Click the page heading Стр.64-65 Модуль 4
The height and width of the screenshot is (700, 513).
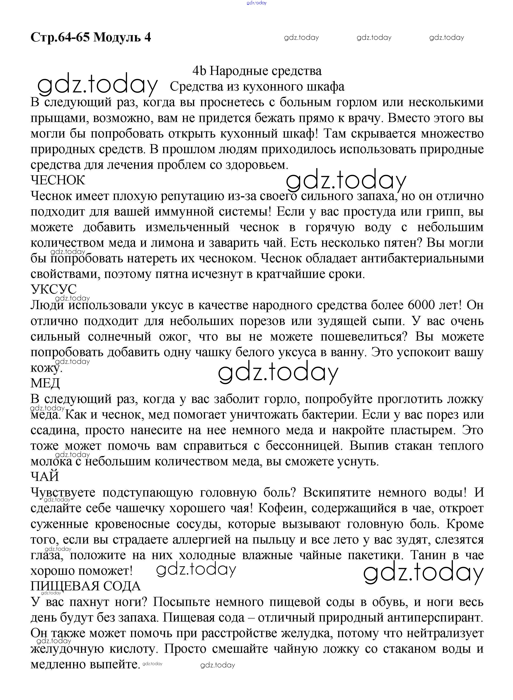[91, 37]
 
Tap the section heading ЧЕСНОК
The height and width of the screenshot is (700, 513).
[58, 180]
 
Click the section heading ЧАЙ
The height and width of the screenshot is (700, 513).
[45, 477]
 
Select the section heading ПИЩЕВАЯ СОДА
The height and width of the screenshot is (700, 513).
[85, 586]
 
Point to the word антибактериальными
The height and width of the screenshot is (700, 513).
[422, 258]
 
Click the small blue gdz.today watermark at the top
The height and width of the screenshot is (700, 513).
[256, 3]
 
